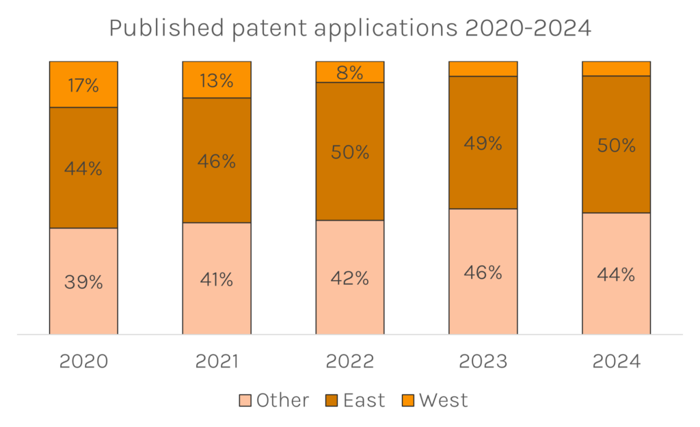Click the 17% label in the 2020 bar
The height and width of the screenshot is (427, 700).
pyautogui.click(x=83, y=86)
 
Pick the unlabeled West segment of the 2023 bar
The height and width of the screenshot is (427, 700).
pyautogui.click(x=483, y=68)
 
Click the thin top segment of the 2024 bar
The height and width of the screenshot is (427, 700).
pyautogui.click(x=616, y=68)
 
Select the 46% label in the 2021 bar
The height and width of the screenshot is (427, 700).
pyautogui.click(x=217, y=162)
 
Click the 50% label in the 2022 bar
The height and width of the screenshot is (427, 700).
pyautogui.click(x=350, y=152)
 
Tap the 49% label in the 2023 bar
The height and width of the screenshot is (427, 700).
pyautogui.click(x=483, y=143)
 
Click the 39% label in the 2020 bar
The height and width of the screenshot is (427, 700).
pyautogui.click(x=83, y=282)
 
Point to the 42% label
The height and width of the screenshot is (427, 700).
pyautogui.click(x=350, y=279)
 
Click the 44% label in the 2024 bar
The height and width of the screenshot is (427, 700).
pyautogui.click(x=616, y=275)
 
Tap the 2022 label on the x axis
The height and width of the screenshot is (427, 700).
pyautogui.click(x=350, y=361)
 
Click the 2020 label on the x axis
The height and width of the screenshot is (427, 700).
pyautogui.click(x=83, y=361)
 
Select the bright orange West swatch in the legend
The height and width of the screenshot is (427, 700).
pyautogui.click(x=406, y=400)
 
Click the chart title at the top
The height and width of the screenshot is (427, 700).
pyautogui.click(x=349, y=28)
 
